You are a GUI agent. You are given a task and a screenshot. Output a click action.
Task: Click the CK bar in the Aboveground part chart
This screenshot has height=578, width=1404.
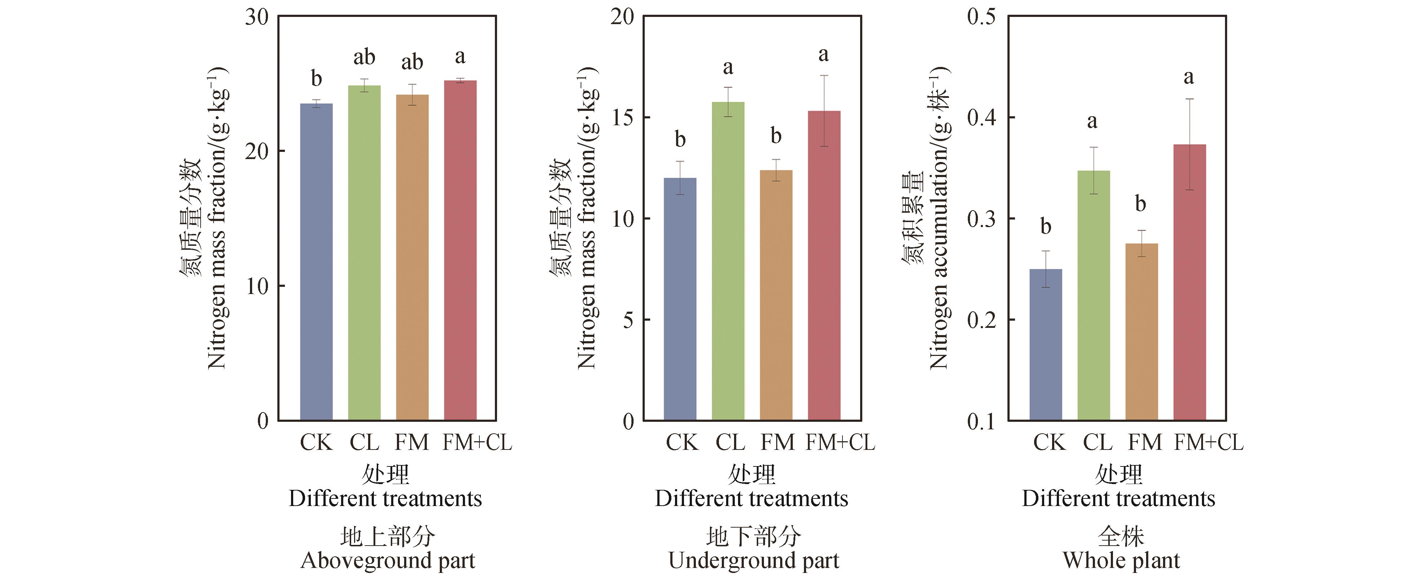(316, 262)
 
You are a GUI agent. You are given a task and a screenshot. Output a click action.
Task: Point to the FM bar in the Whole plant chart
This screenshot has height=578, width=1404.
(1141, 332)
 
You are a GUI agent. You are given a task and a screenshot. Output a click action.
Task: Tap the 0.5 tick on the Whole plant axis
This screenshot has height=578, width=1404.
(981, 16)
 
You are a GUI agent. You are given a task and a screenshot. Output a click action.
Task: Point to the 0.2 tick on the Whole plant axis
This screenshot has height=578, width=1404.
(981, 320)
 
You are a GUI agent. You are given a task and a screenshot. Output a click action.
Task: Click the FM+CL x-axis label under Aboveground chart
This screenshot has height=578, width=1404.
(477, 442)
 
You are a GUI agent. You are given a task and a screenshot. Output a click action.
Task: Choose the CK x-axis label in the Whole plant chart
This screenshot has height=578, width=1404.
(1049, 442)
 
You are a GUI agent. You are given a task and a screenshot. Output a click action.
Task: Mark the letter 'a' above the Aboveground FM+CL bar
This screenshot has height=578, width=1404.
(460, 56)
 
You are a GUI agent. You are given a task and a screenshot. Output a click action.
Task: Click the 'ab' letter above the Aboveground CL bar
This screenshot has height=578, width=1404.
(364, 57)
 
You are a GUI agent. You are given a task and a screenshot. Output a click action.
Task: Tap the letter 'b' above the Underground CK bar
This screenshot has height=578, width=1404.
(680, 139)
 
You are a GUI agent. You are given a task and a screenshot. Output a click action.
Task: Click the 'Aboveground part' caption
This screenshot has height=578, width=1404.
(388, 561)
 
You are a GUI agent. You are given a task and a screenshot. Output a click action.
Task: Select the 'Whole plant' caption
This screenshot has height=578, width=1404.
(1121, 561)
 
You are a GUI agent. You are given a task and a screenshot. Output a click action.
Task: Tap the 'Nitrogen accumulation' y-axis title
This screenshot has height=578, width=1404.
(939, 218)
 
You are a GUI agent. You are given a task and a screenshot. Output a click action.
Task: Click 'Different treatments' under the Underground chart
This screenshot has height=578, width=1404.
(752, 498)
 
